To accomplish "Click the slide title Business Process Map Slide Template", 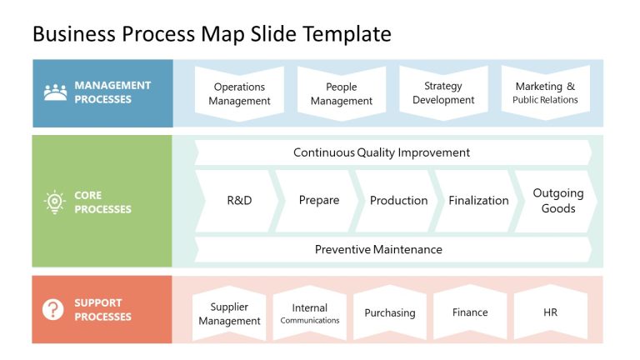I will [211, 34].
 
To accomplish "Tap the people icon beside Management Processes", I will [55, 92].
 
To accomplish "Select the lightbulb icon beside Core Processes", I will [55, 202].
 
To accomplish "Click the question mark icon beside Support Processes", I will [53, 310].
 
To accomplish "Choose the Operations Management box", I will [239, 93].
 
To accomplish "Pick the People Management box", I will [342, 93].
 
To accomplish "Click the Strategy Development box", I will [443, 93].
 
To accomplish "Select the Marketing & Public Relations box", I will [545, 93].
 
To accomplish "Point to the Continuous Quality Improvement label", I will [382, 152].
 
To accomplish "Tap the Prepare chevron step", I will [318, 201].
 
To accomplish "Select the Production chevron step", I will [398, 201].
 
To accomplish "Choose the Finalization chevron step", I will [478, 201].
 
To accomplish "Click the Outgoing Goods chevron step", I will [557, 201].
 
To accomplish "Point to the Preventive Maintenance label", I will [378, 249].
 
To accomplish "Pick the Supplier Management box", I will [229, 313].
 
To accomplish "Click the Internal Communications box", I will [309, 313].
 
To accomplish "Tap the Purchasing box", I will [389, 313].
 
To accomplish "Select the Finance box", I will [470, 312].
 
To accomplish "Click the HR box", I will [550, 312].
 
